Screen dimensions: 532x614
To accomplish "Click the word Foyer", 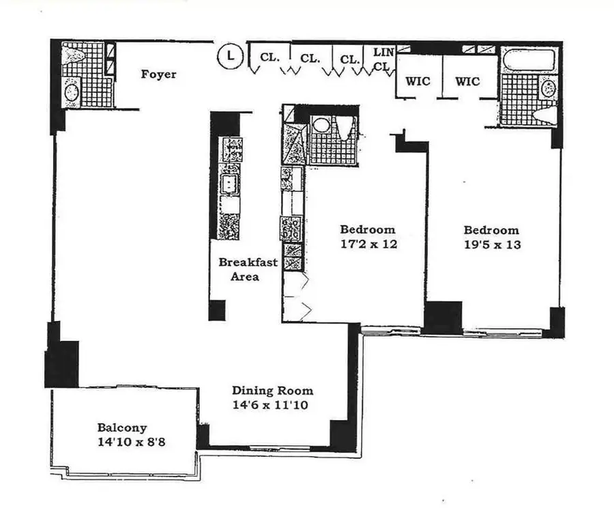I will coord(158,74).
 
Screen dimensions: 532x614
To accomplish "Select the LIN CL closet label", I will coord(383,58).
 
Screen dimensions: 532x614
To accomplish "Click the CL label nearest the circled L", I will coord(269,58).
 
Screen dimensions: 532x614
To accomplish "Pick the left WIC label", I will coord(418,81).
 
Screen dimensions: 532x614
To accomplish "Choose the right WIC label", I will coord(467,81).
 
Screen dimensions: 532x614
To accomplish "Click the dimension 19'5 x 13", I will coord(491,244).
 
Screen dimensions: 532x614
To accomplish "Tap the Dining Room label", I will coord(272,391).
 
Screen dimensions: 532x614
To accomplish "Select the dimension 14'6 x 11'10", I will coord(272,404).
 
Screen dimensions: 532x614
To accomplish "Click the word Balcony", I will coord(121,428).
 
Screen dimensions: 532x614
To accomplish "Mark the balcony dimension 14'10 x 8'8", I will coord(131,442).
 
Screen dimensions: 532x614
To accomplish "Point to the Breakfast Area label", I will coord(238,269).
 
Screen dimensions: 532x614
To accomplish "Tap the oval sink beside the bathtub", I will coord(547,88).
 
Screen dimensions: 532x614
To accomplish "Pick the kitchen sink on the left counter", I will coord(229,183).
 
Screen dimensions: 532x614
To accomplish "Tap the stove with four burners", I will coord(291,226).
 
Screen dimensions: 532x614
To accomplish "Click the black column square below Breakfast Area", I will coord(217,310).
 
